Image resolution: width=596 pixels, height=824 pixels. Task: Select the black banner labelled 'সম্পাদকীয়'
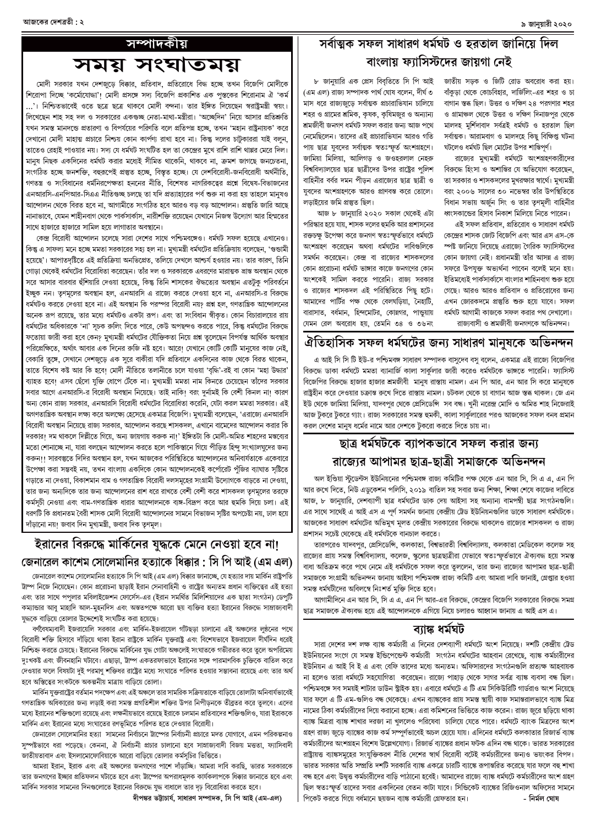point(157,42)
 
